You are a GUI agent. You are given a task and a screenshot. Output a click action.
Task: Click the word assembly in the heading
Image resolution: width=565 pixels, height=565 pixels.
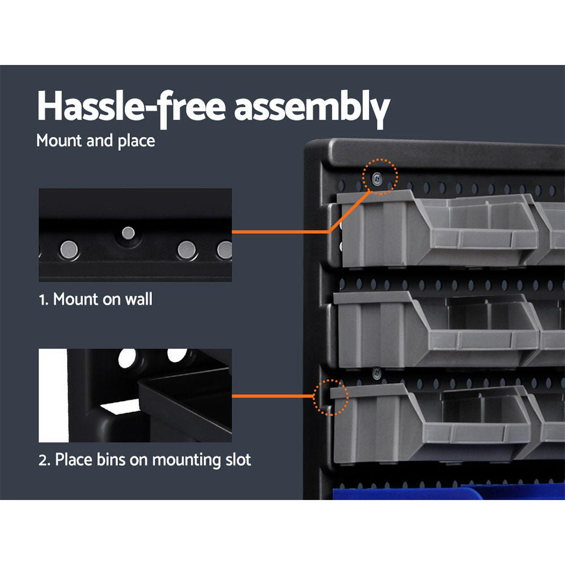(x=312, y=107)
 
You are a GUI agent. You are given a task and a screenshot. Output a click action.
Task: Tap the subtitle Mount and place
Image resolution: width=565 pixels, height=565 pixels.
(x=95, y=141)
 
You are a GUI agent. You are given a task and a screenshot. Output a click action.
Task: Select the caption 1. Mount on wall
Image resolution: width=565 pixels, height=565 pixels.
(x=95, y=299)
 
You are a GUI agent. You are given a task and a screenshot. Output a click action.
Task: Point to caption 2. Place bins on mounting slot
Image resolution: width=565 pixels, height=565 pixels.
(x=145, y=459)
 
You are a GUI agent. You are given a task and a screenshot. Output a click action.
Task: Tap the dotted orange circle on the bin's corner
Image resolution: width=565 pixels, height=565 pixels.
(x=331, y=397)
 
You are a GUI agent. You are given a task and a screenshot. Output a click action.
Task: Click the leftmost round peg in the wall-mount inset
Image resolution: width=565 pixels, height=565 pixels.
(x=69, y=247)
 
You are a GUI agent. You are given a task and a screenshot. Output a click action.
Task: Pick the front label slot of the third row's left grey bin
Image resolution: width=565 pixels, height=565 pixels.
(x=480, y=434)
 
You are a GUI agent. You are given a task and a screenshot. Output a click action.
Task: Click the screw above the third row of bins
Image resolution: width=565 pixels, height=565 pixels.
(x=376, y=371)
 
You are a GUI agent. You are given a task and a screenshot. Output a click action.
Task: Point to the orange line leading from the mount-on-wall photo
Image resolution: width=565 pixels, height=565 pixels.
(x=282, y=231)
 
